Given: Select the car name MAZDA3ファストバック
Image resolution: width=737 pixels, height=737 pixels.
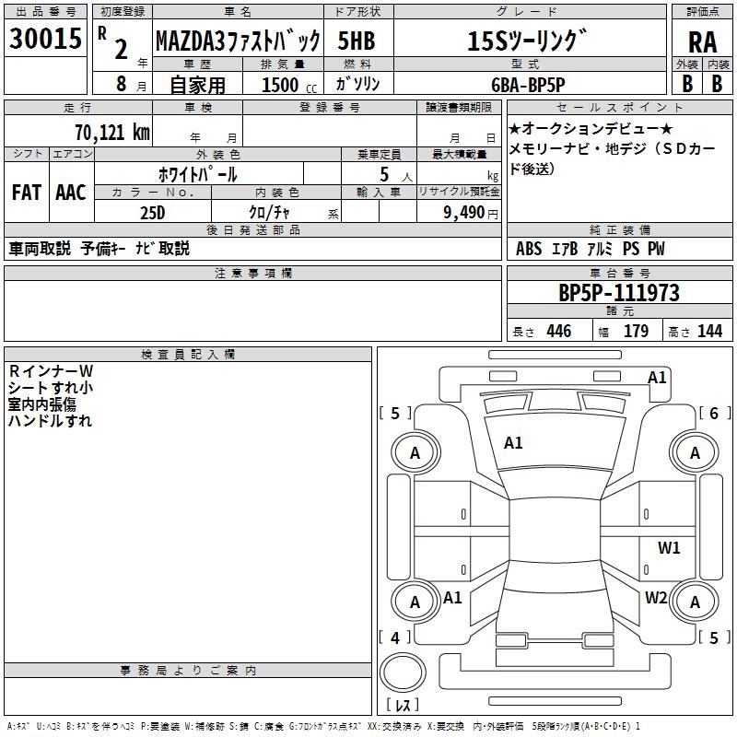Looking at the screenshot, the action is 238,41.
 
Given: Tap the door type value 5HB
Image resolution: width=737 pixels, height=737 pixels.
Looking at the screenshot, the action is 356,41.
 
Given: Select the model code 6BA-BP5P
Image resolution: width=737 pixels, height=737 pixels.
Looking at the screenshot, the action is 523,84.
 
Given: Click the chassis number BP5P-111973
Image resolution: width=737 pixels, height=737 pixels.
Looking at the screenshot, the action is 619,293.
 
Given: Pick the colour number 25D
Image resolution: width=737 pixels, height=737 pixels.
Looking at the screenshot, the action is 152,211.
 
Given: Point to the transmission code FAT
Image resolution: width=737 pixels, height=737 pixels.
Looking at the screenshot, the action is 26,192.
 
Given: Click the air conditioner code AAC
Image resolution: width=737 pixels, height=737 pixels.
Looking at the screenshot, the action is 70,192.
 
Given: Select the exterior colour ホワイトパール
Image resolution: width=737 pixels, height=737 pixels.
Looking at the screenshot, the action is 198,173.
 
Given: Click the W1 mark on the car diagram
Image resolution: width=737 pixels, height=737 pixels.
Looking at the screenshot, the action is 669,547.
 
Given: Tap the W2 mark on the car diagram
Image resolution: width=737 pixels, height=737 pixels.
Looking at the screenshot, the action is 656,597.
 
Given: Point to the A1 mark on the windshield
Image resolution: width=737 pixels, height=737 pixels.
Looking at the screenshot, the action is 513,442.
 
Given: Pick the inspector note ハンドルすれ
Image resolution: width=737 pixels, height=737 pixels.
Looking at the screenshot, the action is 51,420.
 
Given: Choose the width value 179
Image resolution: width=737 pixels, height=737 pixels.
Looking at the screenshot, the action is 637,331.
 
